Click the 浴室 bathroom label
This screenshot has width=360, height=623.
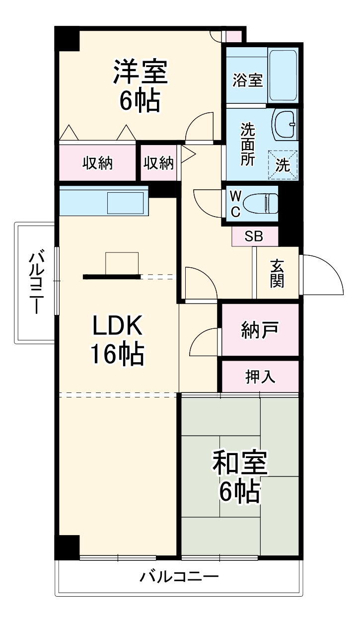coord(247,80)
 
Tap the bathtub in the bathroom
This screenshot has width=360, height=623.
coord(283,75)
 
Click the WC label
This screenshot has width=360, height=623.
coord(235,203)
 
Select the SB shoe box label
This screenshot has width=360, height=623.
coord(254,236)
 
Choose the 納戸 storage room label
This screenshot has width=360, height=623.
coord(260,329)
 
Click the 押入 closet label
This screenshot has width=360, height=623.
coord(260,377)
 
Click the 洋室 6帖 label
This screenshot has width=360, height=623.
coord(140,85)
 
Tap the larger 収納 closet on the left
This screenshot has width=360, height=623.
coord(97,162)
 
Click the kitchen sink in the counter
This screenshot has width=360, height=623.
coord(127,203)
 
